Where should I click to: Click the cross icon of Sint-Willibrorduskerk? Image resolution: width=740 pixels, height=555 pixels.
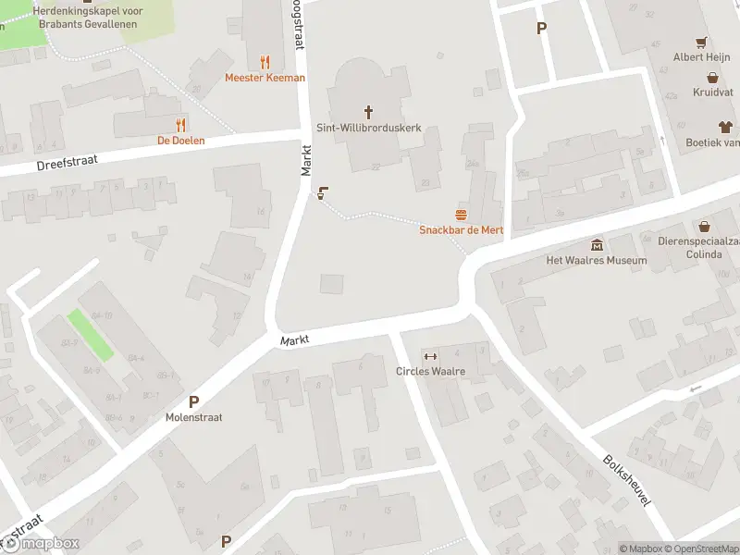[x=368, y=113]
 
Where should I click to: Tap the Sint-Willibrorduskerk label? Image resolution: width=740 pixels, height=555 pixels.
[x=369, y=129]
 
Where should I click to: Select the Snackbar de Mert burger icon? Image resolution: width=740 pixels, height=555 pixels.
[x=461, y=215]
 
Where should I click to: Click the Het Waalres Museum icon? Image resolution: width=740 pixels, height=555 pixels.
[x=597, y=245]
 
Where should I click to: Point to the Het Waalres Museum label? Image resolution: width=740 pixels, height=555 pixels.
[x=597, y=261]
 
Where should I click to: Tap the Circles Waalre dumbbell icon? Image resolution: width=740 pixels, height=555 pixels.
[x=429, y=357]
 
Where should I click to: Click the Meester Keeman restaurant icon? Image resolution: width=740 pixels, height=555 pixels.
[x=265, y=62]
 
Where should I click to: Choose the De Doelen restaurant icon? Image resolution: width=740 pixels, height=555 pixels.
[x=180, y=124]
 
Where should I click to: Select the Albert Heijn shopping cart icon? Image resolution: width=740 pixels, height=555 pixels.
[x=702, y=43]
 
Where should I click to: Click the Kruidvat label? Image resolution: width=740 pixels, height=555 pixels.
[x=707, y=92]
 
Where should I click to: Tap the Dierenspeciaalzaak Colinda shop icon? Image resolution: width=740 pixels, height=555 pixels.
[x=705, y=226]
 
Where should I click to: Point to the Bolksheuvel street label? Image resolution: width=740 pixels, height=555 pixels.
[x=627, y=479]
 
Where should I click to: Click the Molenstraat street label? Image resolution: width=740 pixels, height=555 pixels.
[x=195, y=417]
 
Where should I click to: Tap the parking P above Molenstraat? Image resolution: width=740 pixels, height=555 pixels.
[x=194, y=401]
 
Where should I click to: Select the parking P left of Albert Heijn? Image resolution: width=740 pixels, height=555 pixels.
[x=541, y=28]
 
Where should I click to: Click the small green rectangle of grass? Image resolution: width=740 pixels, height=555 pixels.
[x=91, y=335]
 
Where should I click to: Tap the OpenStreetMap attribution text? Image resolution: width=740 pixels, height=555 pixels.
[x=701, y=549]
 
